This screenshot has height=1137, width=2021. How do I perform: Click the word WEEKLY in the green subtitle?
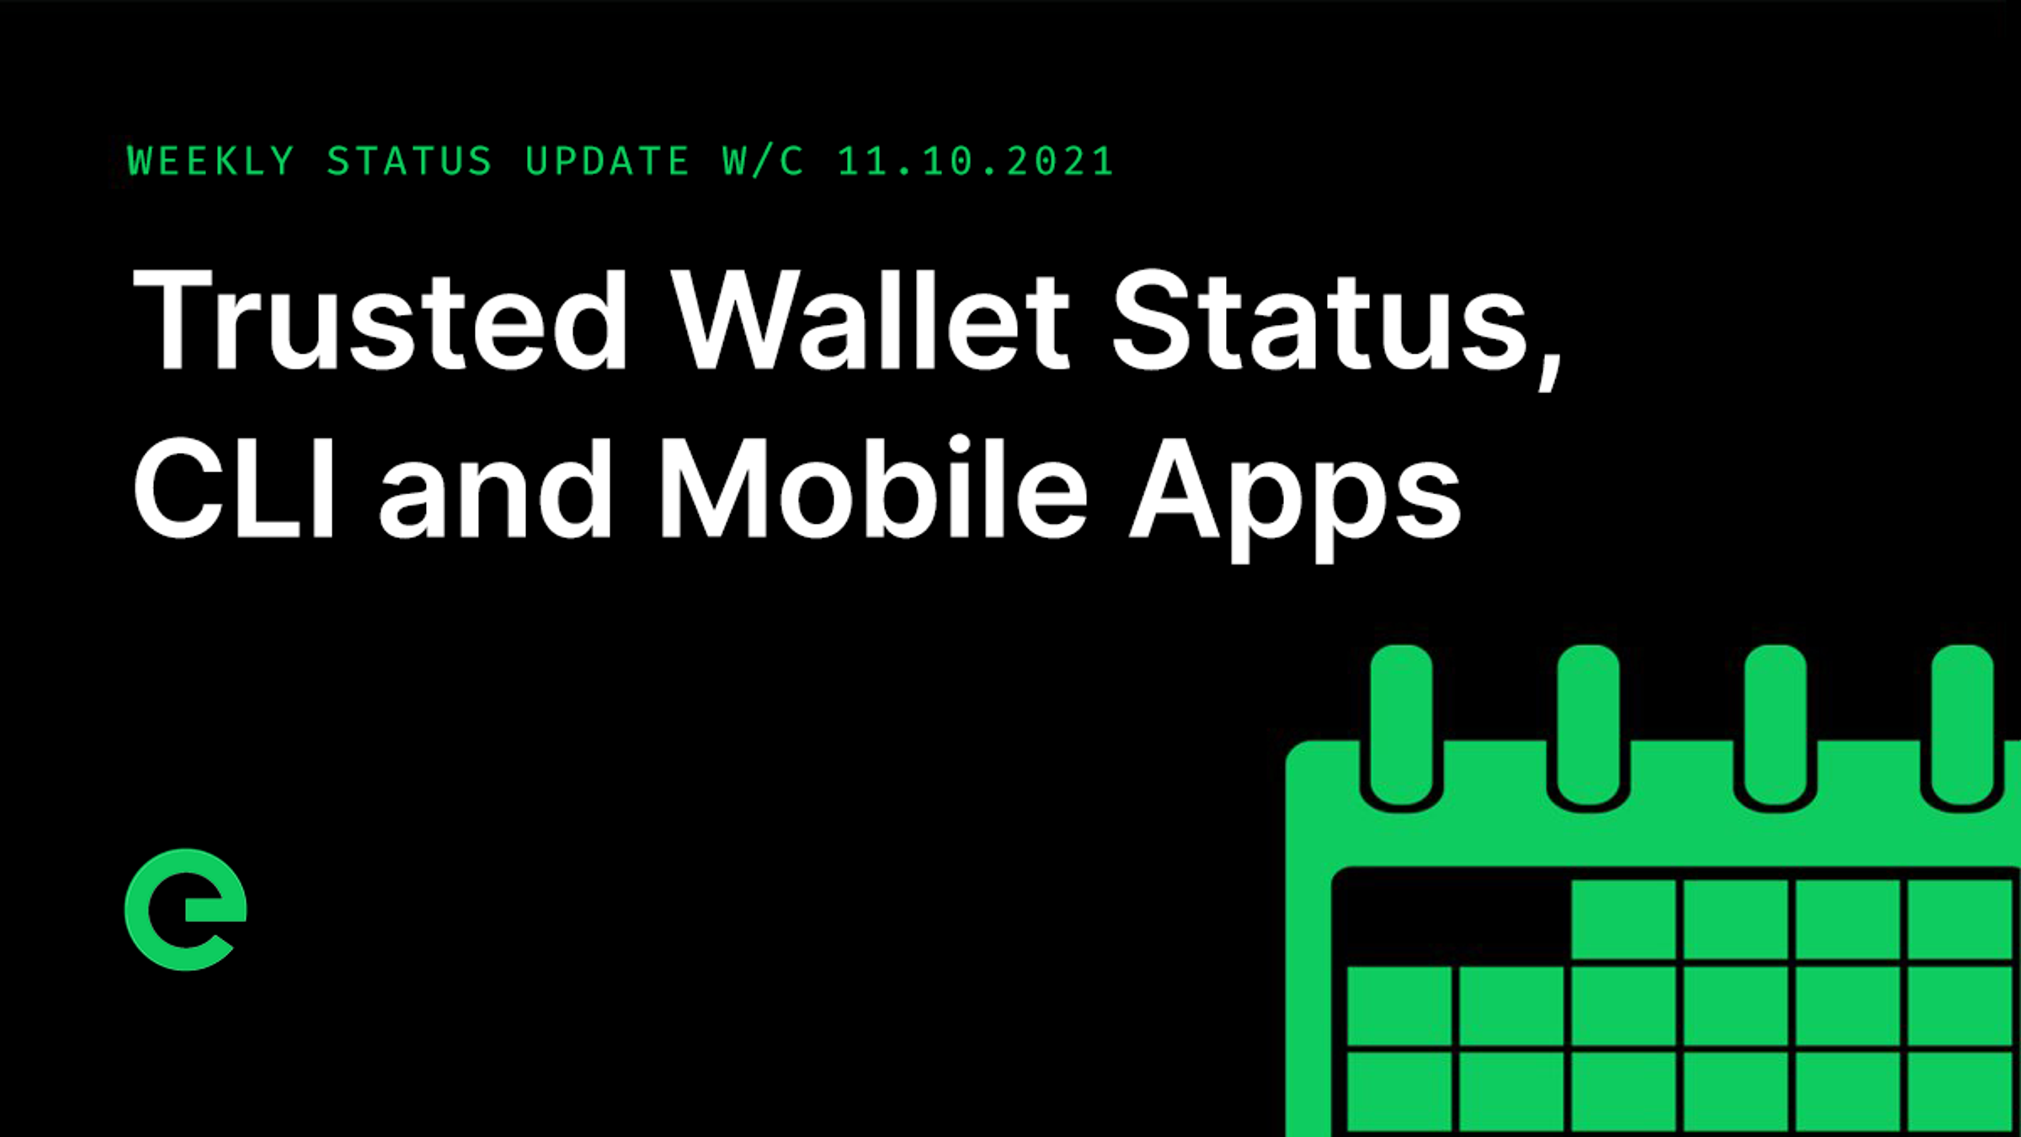(211, 162)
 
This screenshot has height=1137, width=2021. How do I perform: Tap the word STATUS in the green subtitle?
(409, 162)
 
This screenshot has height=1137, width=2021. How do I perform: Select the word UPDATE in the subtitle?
(606, 162)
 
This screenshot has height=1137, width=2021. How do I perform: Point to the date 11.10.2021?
(975, 162)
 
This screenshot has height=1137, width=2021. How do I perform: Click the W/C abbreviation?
(763, 162)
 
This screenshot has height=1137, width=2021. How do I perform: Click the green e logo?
(186, 910)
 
